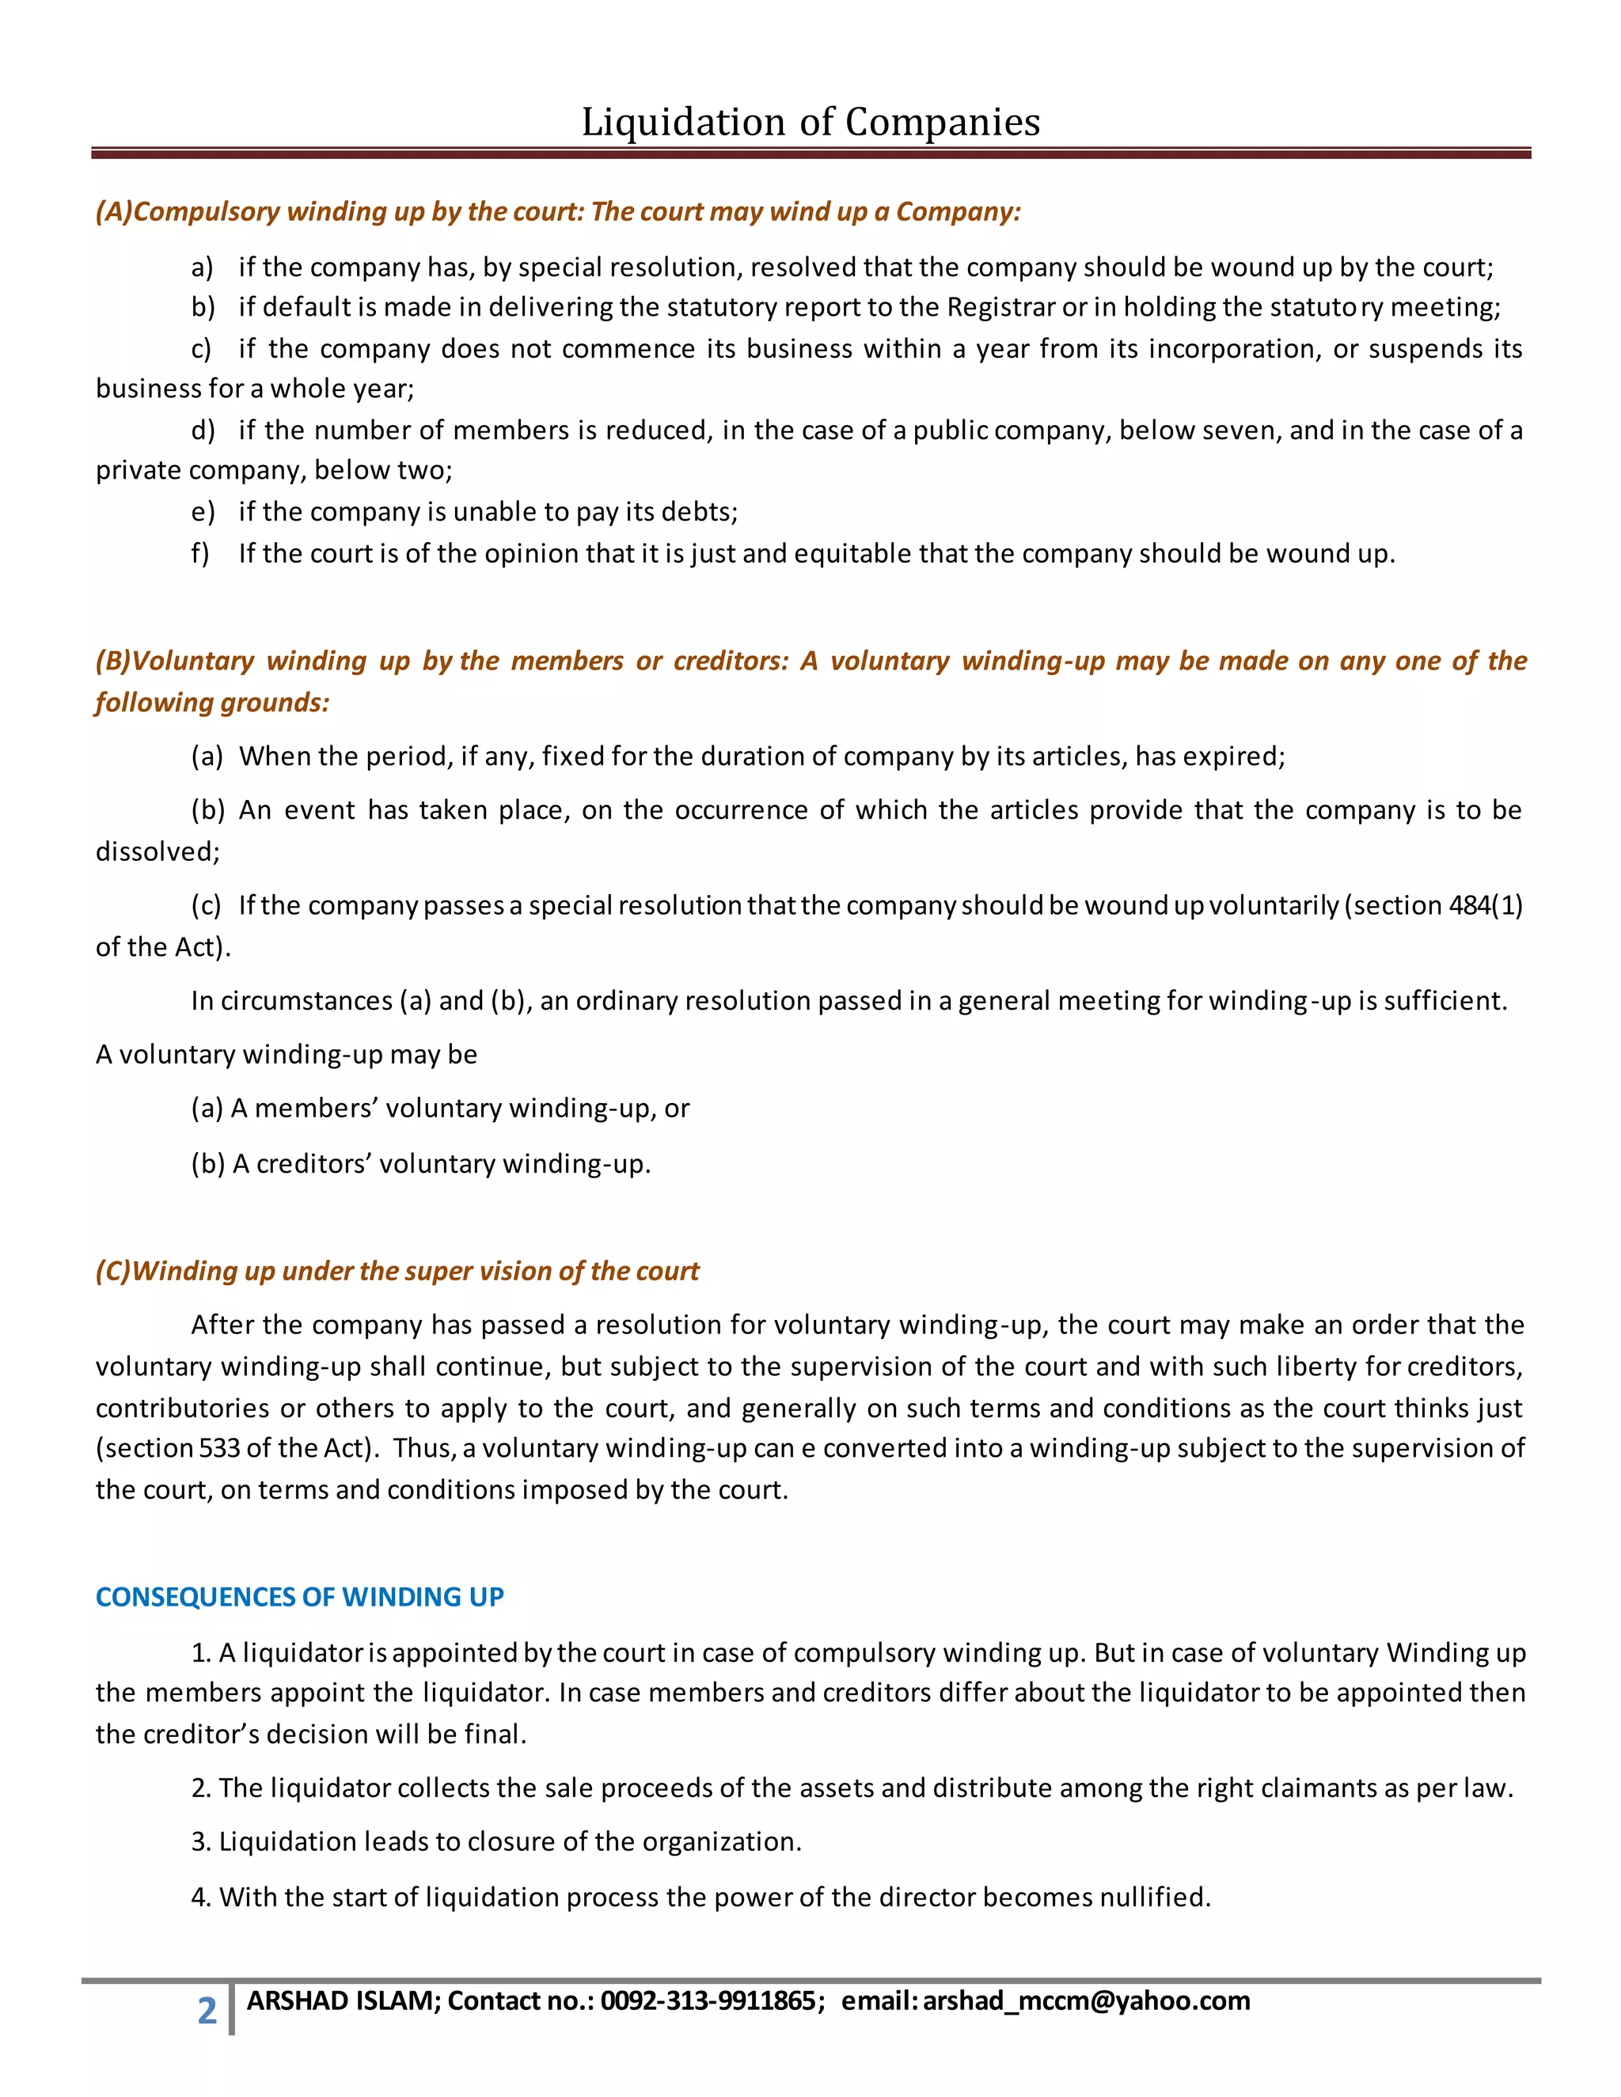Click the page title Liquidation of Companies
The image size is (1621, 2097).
coord(810,122)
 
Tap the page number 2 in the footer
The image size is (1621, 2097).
coord(207,2011)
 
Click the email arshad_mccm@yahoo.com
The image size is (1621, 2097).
coord(1086,2001)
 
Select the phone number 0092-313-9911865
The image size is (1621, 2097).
coord(708,2001)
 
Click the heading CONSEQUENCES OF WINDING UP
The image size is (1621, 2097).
coord(300,1597)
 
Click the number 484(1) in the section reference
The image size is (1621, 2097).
coord(1484,905)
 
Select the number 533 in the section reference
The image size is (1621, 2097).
coord(220,1448)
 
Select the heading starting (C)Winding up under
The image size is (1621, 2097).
coord(397,1272)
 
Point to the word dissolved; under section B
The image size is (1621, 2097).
coord(158,851)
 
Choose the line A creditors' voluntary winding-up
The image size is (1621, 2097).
coord(420,1164)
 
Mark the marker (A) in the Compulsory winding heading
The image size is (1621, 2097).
coord(113,212)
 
